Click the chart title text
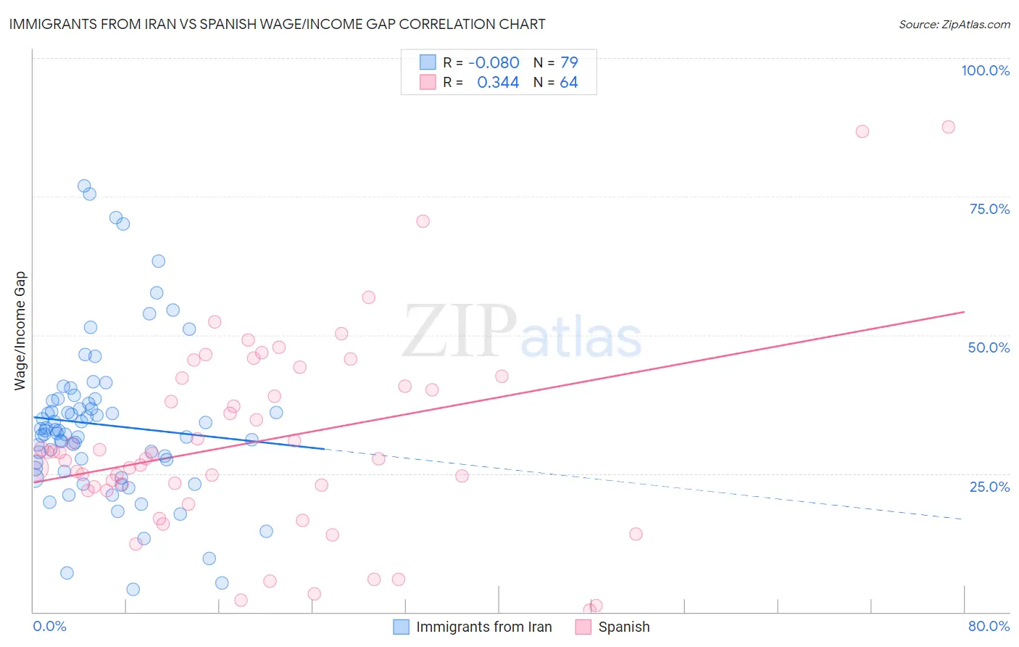click(x=278, y=24)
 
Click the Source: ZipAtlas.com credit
click(x=954, y=24)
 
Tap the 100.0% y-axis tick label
click(x=985, y=70)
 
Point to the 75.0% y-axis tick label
click(x=989, y=209)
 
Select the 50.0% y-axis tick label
click(x=989, y=347)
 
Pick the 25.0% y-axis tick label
click(x=989, y=486)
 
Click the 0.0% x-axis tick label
click(x=49, y=626)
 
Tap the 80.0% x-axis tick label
click(x=989, y=626)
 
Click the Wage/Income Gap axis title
click(x=20, y=331)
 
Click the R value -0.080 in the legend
click(x=494, y=62)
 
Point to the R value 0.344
click(x=498, y=83)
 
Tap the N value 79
click(x=569, y=62)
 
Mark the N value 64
click(x=569, y=83)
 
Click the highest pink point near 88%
click(x=948, y=127)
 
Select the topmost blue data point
click(x=84, y=186)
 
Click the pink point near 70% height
click(x=423, y=221)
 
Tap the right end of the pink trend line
click(x=964, y=312)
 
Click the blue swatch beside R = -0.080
click(x=428, y=62)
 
